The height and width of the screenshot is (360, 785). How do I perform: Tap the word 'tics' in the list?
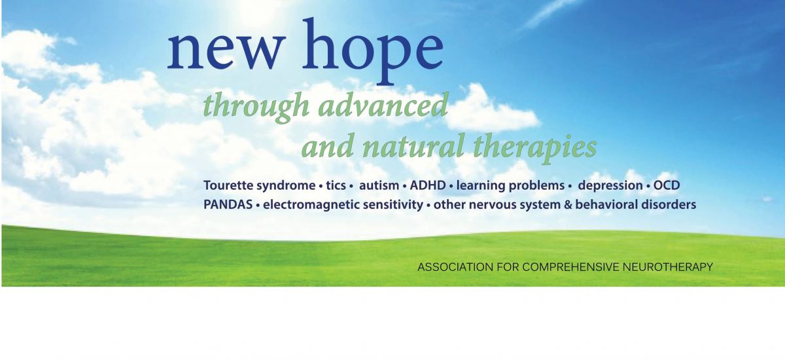click(336, 185)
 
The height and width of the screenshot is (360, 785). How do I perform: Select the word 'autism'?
click(379, 185)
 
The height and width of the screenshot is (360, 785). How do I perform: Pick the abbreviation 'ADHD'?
click(428, 185)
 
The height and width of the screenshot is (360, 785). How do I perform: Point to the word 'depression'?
click(610, 186)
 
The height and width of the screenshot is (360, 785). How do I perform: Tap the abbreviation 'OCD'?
click(666, 185)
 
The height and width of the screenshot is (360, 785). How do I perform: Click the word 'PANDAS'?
click(228, 205)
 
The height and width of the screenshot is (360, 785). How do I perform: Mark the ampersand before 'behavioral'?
click(568, 205)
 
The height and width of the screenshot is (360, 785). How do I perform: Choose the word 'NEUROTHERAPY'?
click(668, 267)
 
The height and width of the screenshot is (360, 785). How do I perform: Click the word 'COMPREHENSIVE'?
click(571, 267)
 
